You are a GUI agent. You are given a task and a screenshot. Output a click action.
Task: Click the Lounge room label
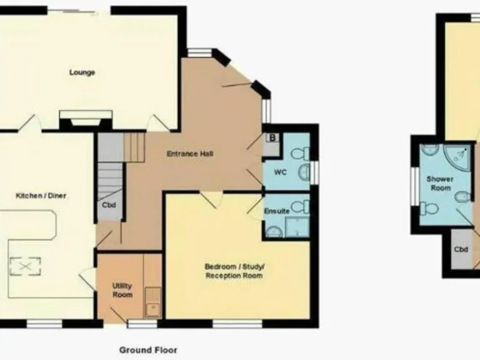pyautogui.click(x=82, y=72)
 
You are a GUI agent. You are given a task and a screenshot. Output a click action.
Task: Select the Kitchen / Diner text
pyautogui.click(x=41, y=196)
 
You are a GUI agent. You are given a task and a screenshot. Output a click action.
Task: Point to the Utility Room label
pyautogui.click(x=122, y=290)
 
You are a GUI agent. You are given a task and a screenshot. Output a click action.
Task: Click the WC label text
pyautogui.click(x=281, y=172)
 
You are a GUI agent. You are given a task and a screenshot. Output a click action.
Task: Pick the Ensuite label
pyautogui.click(x=277, y=211)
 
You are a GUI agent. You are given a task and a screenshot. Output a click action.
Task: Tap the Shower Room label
pyautogui.click(x=439, y=183)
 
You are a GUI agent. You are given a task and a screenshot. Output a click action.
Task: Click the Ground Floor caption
pyautogui.click(x=148, y=350)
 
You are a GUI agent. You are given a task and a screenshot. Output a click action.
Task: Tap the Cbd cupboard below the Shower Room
pyautogui.click(x=461, y=250)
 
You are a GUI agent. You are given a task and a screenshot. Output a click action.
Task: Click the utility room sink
pyautogui.click(x=152, y=302)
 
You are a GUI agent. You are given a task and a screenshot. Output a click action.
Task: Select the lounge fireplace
pyautogui.click(x=86, y=119)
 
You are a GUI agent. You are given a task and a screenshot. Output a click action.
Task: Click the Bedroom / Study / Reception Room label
pyautogui.click(x=234, y=271)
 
